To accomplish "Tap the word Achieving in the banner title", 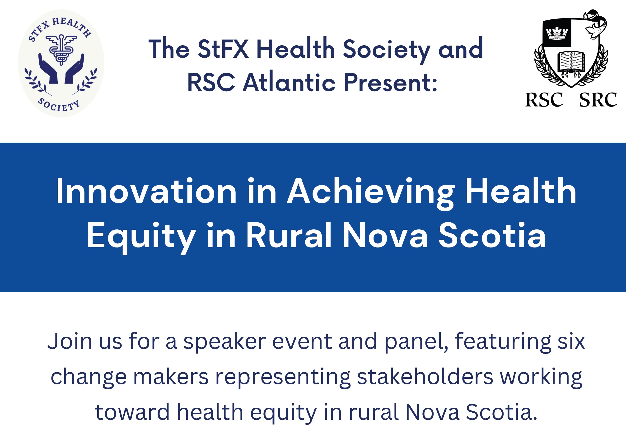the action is (371, 194).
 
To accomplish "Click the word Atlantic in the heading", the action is (289, 82).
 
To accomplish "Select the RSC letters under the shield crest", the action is (544, 100).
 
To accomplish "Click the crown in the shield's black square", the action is (557, 33).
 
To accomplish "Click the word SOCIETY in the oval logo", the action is (59, 105).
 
